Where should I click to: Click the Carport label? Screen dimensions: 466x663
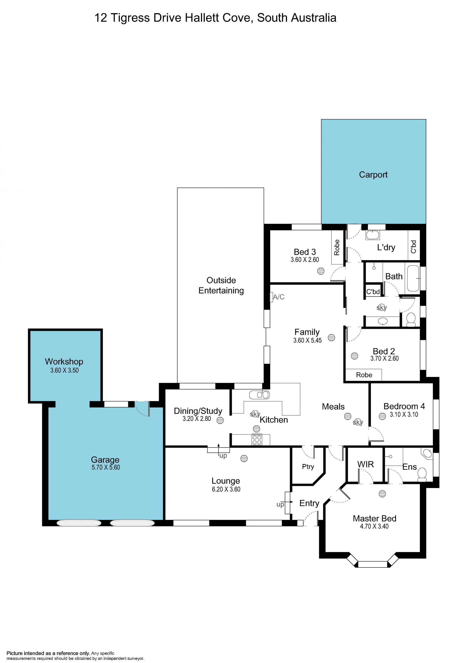pos(373,175)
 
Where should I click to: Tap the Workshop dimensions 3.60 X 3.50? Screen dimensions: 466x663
pos(64,370)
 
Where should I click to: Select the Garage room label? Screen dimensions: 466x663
pos(105,460)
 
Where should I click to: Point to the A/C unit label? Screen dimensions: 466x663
pos(279,297)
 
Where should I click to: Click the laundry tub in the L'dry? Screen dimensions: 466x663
pos(373,235)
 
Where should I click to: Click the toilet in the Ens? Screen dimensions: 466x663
pos(422,475)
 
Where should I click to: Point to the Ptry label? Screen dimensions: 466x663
pos(308,467)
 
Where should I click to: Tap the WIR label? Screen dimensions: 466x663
pos(366,464)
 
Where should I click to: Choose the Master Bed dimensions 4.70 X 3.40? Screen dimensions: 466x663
pos(374,526)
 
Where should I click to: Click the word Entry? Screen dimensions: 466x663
pos(309,503)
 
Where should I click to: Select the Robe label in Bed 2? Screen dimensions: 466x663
pos(364,375)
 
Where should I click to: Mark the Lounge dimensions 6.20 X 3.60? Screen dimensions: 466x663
pos(226,489)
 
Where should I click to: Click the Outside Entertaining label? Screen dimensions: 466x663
pos(221,285)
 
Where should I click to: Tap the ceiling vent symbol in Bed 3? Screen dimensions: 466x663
pos(321,271)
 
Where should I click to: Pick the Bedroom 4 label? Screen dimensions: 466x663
pos(404,406)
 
